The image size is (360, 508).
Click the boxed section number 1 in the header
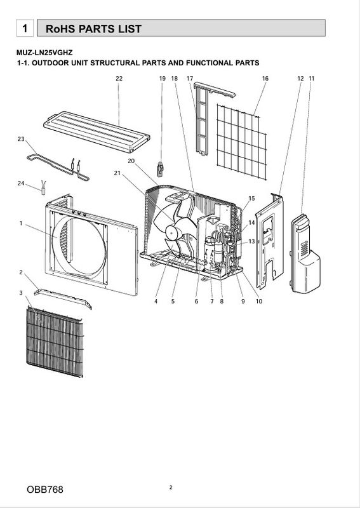coord(25,28)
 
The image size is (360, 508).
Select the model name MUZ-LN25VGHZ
coord(44,53)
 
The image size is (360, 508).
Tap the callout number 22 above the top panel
coord(119,78)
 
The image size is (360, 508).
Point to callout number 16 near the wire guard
coord(265,78)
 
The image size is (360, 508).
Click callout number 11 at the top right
coord(311,78)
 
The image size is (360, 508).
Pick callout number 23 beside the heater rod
coord(21,139)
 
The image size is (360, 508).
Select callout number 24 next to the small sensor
coord(21,184)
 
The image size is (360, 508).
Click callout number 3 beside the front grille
coord(21,293)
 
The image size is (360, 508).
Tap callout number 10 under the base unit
coord(259,301)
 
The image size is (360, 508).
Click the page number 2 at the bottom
coord(171,487)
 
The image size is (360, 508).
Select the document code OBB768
coord(45,489)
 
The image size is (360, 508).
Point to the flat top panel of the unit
coord(97,131)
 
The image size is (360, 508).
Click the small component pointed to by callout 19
coord(161,169)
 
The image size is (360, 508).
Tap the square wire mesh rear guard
coord(241,142)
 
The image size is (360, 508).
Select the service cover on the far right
coord(305,253)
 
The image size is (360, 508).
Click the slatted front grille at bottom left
coord(55,343)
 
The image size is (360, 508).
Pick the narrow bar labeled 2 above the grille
coord(63,298)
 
